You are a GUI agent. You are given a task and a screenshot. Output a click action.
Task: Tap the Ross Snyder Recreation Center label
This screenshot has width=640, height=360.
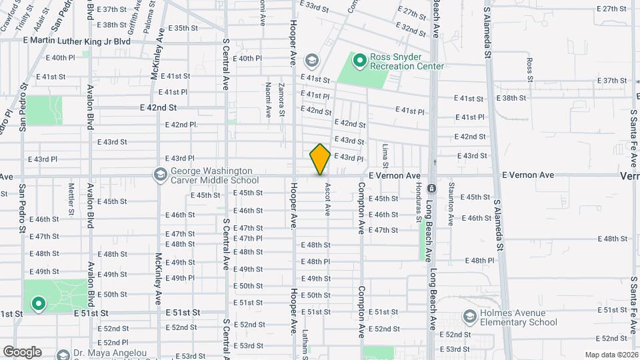point(407,62)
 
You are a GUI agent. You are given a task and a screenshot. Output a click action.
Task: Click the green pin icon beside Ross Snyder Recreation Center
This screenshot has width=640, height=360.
point(359,62)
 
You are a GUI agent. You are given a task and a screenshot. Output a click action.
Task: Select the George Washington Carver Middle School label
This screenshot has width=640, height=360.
point(214,175)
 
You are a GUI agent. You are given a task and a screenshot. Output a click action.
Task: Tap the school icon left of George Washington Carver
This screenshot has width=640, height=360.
point(159,175)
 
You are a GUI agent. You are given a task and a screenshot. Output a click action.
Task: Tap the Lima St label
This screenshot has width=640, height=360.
point(385,155)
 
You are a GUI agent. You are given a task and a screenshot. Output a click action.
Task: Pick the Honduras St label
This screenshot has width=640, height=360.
point(418,203)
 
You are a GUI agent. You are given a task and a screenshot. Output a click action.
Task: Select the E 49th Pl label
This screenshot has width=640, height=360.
point(180,278)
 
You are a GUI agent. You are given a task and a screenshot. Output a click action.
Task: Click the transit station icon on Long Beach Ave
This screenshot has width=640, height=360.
point(432,188)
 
